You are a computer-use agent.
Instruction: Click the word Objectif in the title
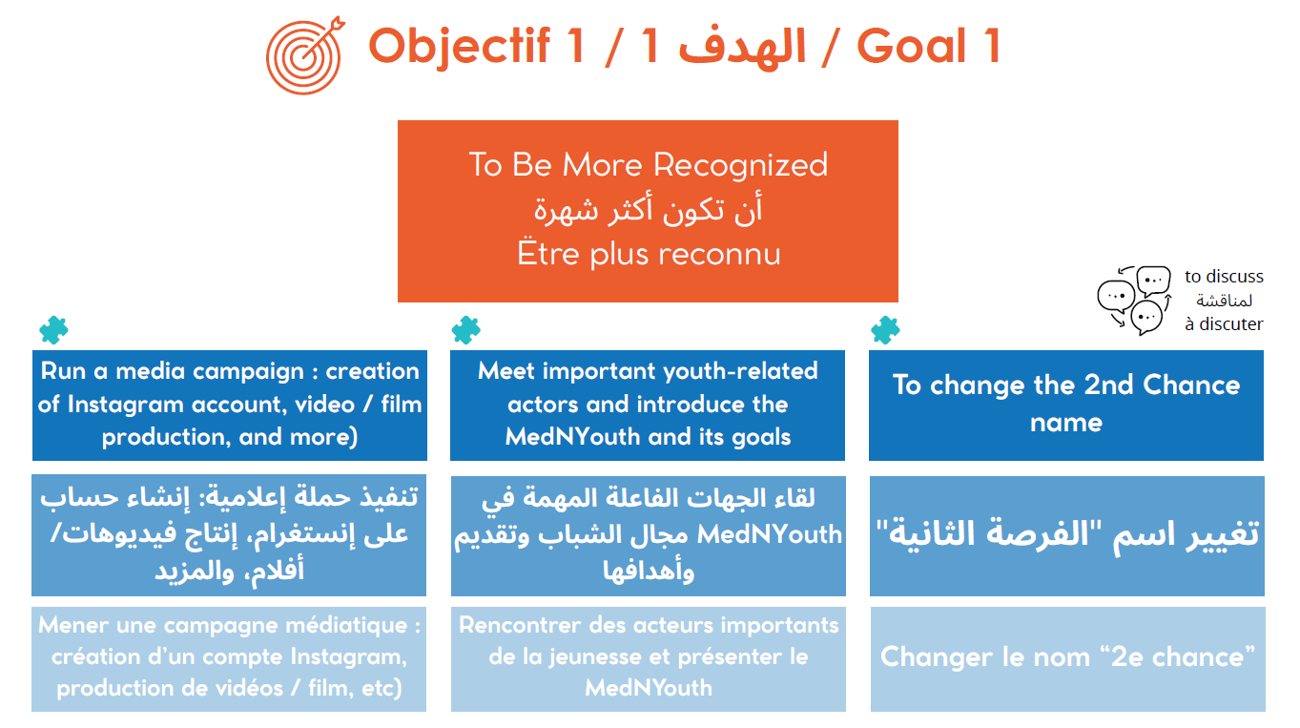pyautogui.click(x=459, y=47)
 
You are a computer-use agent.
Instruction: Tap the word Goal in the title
pyautogui.click(x=912, y=46)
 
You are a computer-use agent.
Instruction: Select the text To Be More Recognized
pyautogui.click(x=649, y=165)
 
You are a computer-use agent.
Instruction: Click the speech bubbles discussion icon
pyautogui.click(x=1133, y=301)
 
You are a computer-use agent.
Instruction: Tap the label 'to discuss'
pyautogui.click(x=1224, y=277)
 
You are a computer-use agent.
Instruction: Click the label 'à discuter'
pyautogui.click(x=1224, y=324)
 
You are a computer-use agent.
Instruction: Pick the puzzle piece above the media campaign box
pyautogui.click(x=53, y=330)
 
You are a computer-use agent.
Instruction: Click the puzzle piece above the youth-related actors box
pyautogui.click(x=466, y=330)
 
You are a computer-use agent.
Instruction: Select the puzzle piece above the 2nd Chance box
pyautogui.click(x=885, y=330)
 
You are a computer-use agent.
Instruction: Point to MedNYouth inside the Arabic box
pyautogui.click(x=769, y=534)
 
